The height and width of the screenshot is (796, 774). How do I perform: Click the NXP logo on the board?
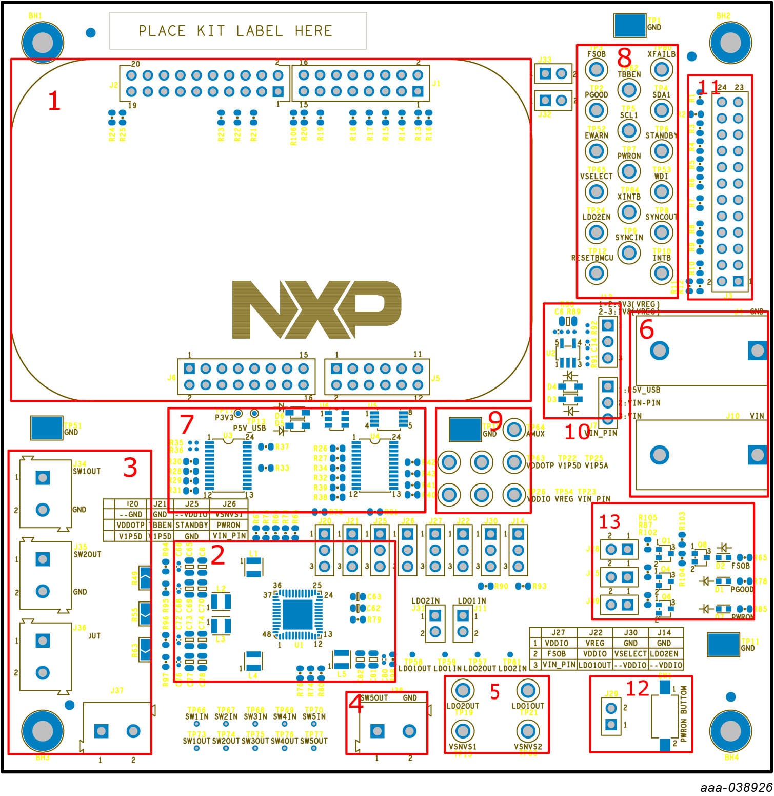(x=316, y=309)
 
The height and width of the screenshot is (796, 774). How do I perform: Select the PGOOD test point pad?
(x=596, y=109)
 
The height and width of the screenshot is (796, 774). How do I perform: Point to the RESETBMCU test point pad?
(x=596, y=273)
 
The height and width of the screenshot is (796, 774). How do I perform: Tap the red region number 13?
(x=609, y=522)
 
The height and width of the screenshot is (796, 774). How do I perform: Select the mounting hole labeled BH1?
(x=42, y=43)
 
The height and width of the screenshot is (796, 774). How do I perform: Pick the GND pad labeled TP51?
(x=46, y=428)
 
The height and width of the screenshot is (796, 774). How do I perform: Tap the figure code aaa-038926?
(x=737, y=788)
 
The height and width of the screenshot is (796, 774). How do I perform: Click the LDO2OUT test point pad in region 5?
(x=463, y=689)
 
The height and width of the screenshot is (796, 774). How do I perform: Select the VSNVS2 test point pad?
(x=527, y=730)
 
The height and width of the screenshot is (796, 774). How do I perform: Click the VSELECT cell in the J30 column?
(x=630, y=654)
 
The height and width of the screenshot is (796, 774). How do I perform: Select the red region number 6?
(x=646, y=329)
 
